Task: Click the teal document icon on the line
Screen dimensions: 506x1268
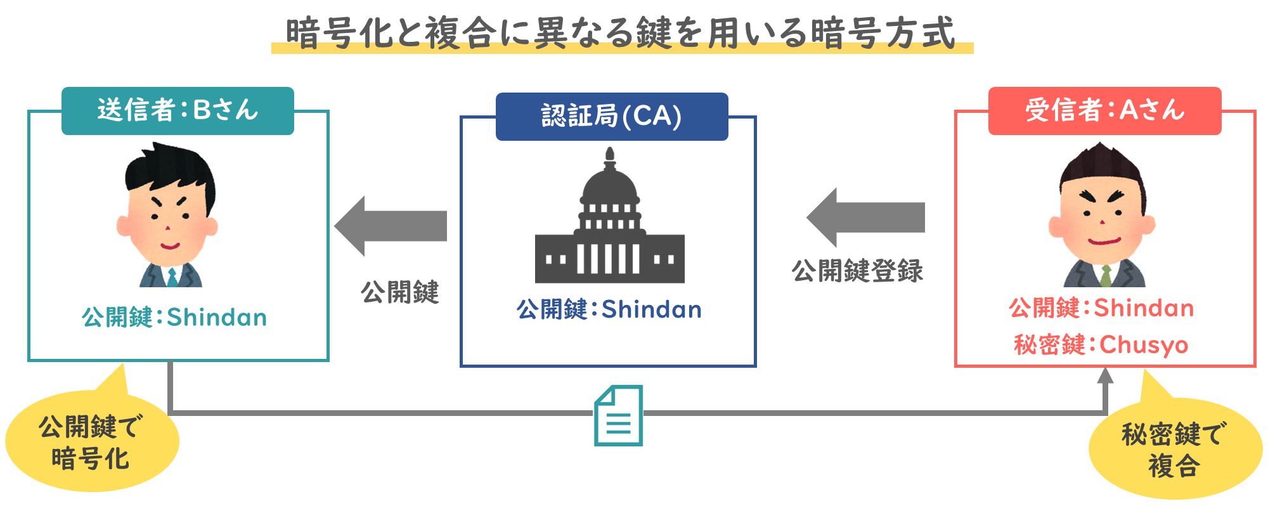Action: [x=618, y=416]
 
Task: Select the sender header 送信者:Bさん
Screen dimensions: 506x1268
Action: [x=178, y=111]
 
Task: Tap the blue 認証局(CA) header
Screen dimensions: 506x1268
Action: [x=611, y=117]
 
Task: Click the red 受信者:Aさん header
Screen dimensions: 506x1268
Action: [x=1104, y=111]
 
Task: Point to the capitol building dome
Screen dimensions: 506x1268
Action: [x=609, y=184]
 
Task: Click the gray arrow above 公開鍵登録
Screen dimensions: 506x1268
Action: [x=865, y=217]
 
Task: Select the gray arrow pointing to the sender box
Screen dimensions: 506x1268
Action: [x=391, y=226]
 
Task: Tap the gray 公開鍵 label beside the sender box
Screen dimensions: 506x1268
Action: [x=399, y=292]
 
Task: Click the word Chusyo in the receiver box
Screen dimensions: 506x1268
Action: [x=1144, y=345]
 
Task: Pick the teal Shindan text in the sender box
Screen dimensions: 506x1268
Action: [x=217, y=317]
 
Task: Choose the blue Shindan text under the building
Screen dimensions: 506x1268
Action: [x=651, y=309]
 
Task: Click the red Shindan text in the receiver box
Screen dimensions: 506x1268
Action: [x=1144, y=308]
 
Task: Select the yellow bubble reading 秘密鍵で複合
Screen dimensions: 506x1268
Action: [x=1174, y=449]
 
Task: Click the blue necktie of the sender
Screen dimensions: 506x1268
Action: [x=171, y=277]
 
